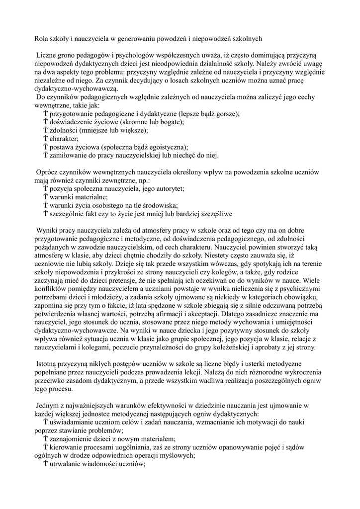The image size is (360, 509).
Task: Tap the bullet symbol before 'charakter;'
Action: pos(45,139)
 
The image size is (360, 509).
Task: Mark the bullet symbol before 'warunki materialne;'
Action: pos(45,197)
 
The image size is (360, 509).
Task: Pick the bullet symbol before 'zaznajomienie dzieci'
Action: pos(45,439)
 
